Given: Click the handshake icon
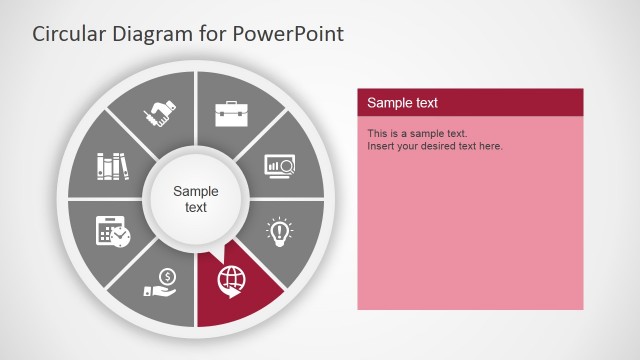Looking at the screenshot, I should click(x=162, y=112).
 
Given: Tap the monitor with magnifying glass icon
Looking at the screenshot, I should click(x=279, y=164).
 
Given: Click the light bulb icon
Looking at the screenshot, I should click(x=279, y=231).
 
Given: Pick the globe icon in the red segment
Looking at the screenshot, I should click(x=230, y=282).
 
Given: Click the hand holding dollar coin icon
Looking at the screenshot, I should click(x=161, y=282).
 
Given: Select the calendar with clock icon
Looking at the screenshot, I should click(x=112, y=231).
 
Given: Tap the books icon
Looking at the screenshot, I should click(x=113, y=164).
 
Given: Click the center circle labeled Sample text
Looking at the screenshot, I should click(x=196, y=199).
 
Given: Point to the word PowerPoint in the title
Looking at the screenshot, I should click(x=288, y=34).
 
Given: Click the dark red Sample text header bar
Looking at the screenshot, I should click(x=470, y=102).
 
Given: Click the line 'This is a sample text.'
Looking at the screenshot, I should click(x=417, y=133).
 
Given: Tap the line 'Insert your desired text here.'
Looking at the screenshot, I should click(x=435, y=146).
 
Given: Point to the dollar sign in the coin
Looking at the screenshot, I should click(x=167, y=276).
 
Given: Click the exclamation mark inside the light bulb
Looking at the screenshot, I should click(x=279, y=229).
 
